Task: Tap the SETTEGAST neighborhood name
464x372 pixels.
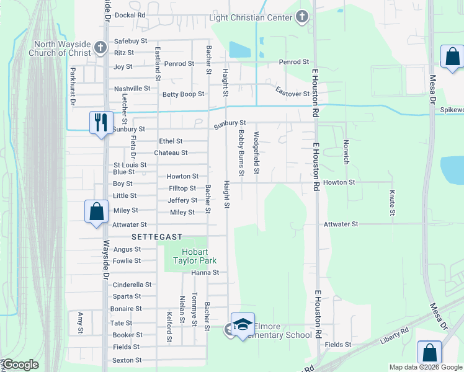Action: click(157, 237)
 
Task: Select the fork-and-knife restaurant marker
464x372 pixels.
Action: click(100, 122)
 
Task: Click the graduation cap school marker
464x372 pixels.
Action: click(243, 324)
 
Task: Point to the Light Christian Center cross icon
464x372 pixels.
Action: click(301, 17)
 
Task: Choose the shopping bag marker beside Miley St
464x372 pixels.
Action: click(97, 211)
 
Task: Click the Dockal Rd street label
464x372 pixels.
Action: click(130, 14)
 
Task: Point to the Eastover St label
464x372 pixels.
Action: click(293, 94)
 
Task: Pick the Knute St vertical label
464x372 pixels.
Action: click(392, 203)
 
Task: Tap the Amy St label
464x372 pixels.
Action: click(80, 322)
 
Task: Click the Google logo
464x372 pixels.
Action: click(21, 365)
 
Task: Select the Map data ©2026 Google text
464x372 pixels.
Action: click(425, 367)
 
